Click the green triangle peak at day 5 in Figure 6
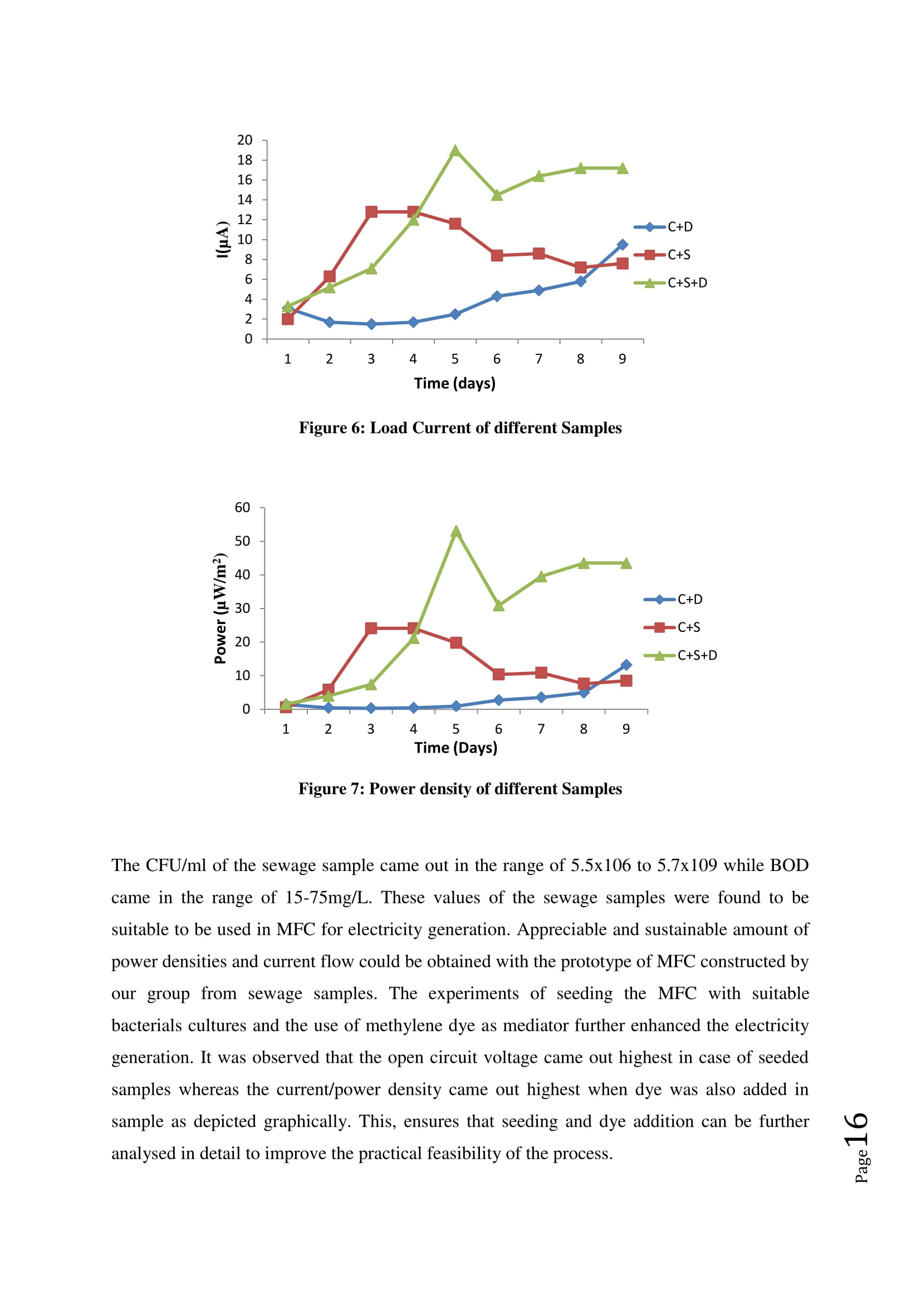click(x=455, y=151)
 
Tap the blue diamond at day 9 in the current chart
click(x=622, y=245)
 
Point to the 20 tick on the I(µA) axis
click(x=244, y=140)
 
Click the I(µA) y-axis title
click(x=222, y=239)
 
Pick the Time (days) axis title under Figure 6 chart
click(x=454, y=384)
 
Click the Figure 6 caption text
click(x=460, y=428)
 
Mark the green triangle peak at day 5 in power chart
click(x=456, y=532)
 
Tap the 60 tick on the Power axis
click(x=242, y=508)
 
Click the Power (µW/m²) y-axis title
click(x=220, y=608)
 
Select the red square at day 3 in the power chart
click(x=371, y=629)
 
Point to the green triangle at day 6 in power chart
click(x=498, y=606)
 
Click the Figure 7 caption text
click(x=460, y=789)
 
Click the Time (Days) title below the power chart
click(x=455, y=748)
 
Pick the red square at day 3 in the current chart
click(x=371, y=212)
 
